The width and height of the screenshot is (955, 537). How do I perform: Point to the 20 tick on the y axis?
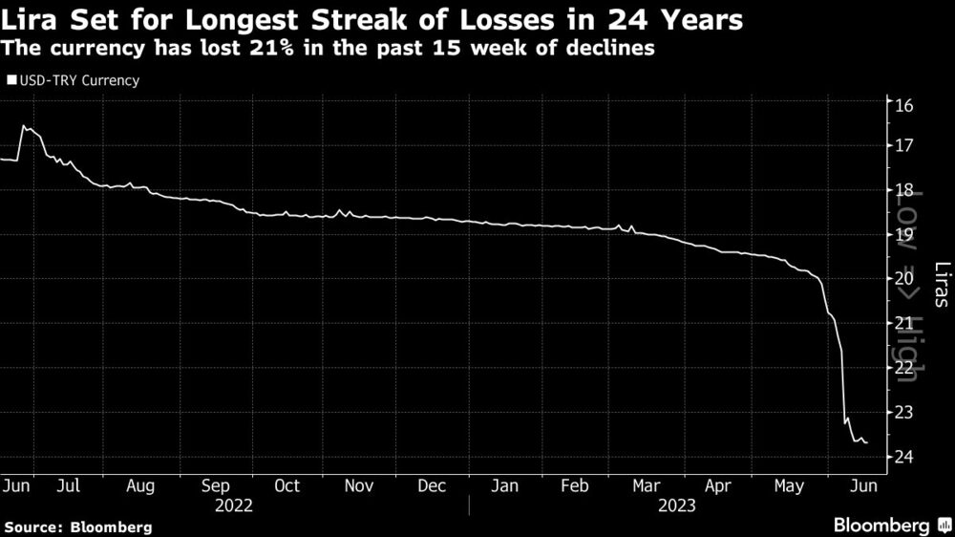(903, 278)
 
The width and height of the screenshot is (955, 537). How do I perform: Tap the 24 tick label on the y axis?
(903, 457)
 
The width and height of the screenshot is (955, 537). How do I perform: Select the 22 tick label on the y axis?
(903, 368)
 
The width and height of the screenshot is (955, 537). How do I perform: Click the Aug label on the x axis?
(140, 485)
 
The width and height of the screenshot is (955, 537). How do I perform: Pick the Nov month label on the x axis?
(358, 485)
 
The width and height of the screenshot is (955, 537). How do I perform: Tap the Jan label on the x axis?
(505, 485)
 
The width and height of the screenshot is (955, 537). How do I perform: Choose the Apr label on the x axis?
(718, 485)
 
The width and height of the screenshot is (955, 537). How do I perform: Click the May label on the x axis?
(790, 485)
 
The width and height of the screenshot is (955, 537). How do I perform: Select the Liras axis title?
(941, 284)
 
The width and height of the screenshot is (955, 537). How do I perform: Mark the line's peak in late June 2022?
(24, 126)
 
